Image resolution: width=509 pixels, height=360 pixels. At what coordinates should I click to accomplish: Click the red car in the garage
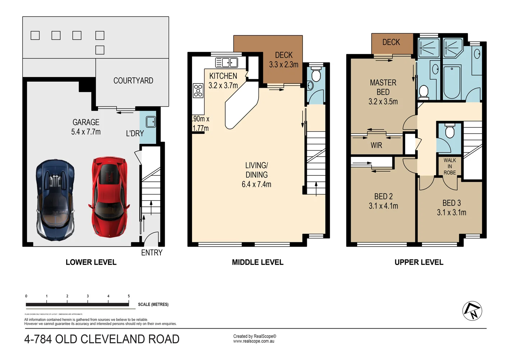[108, 197]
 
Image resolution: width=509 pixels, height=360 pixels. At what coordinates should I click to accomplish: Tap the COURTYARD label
[133, 81]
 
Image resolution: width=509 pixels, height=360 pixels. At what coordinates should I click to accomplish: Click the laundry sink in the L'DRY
[151, 122]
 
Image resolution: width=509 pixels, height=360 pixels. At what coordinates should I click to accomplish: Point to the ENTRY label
[151, 253]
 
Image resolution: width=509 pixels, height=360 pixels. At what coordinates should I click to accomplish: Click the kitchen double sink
[227, 63]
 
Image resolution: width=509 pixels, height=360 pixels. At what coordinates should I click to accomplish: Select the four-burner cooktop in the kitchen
[198, 90]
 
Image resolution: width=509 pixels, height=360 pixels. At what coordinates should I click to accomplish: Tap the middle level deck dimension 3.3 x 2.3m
[283, 65]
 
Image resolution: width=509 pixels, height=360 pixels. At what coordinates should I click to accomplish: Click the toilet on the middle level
[316, 75]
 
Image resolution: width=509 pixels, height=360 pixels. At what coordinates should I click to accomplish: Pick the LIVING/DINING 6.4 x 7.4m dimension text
[256, 184]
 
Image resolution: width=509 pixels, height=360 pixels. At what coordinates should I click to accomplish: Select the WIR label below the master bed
[376, 145]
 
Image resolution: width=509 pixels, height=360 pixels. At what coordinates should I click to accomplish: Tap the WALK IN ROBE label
[449, 166]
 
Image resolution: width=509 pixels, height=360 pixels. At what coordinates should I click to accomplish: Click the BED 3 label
[451, 203]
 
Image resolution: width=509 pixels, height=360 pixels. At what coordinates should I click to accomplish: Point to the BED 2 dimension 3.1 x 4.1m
[383, 206]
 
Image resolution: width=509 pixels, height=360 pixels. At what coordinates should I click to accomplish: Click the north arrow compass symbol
[472, 311]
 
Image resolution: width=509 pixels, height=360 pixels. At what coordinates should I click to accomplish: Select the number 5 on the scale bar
[129, 296]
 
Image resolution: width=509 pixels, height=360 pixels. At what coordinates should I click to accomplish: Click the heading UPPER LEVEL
[419, 262]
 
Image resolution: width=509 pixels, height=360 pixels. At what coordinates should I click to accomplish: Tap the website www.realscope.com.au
[254, 341]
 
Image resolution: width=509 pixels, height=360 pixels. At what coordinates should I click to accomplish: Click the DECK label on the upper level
[391, 42]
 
